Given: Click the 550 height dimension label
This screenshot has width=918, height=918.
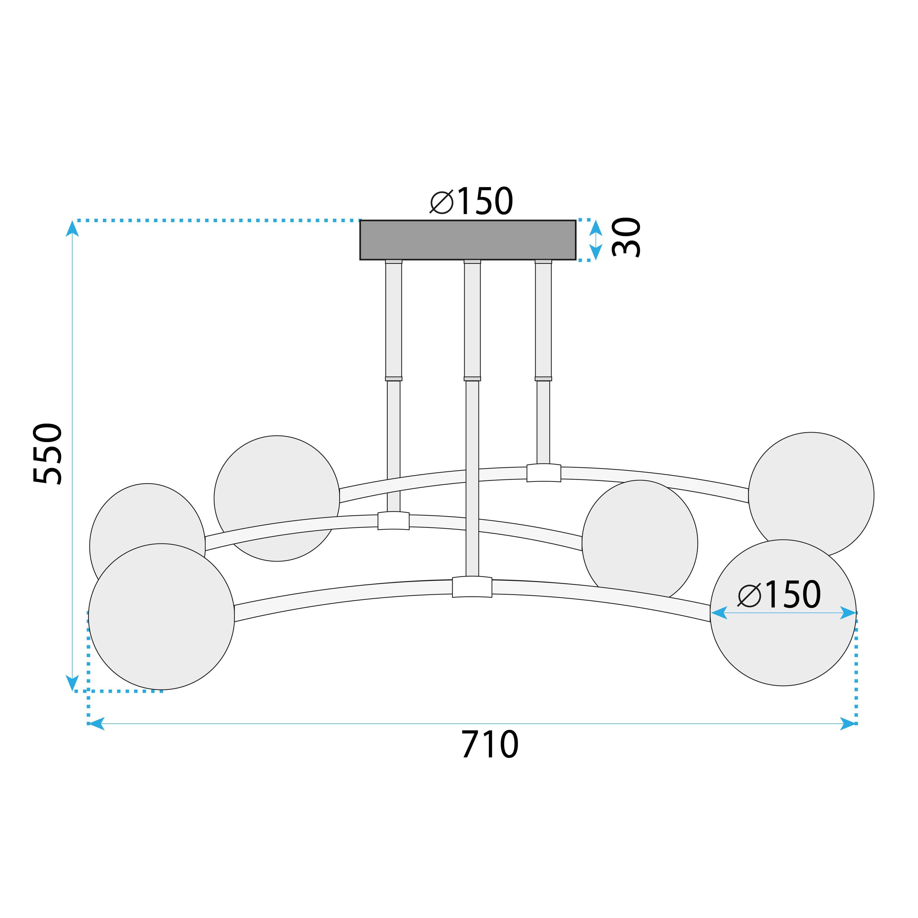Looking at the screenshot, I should click(x=48, y=454).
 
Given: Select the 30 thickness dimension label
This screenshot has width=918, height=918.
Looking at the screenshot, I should click(x=626, y=238).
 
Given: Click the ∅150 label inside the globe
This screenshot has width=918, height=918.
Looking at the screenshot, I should click(x=779, y=595).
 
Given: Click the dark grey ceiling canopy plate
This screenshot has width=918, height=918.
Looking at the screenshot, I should click(x=467, y=240).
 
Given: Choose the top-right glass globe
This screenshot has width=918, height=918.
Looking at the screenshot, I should click(x=811, y=494).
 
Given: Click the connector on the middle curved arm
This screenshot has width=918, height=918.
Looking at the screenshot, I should click(x=393, y=521).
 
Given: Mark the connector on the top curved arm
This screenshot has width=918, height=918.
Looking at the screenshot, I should click(x=544, y=473).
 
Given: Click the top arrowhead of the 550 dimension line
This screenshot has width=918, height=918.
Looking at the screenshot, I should click(x=72, y=229).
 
